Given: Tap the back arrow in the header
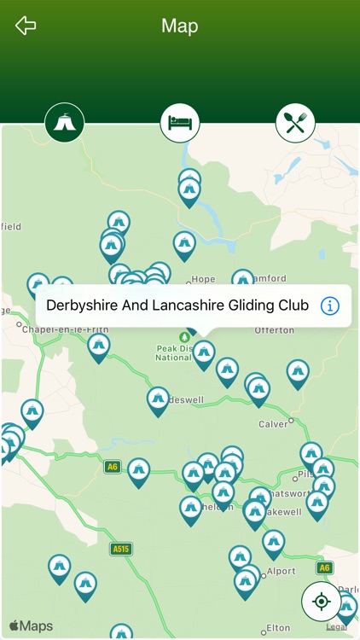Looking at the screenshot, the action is pos(26,26).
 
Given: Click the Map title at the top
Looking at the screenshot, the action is pos(179,26).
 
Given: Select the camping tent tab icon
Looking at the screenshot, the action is pos(65,123).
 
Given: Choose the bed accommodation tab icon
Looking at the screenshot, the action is pos(180,123).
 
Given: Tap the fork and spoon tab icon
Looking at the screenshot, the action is pos(295,124).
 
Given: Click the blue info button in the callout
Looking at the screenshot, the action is pos(329,305).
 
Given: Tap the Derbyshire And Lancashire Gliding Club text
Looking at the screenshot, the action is pos(177,305).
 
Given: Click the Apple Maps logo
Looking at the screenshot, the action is pos(31,626).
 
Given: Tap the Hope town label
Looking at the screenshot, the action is pos(203,279).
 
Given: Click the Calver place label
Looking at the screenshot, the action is pos(274,423).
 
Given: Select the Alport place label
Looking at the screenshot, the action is pos(282,572).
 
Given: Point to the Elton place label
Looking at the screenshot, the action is pos(278,628).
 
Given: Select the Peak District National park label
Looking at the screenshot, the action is pos(173,352).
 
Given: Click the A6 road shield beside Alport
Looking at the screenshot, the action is pos(324,567).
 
